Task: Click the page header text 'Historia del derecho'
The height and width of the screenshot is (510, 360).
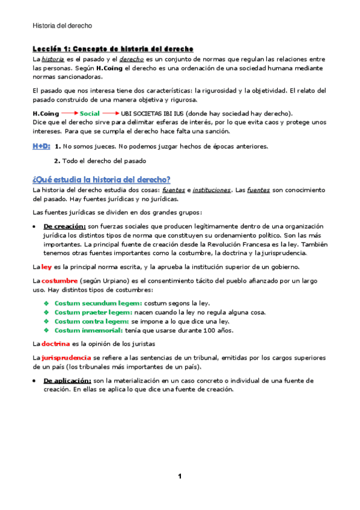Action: point(62,26)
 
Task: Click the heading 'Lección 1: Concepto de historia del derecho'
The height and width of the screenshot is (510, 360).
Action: point(112,48)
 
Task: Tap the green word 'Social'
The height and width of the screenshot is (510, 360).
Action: point(90,113)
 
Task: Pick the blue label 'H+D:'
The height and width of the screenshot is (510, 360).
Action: point(41,146)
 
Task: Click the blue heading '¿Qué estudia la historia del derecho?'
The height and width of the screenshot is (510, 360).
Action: point(102,179)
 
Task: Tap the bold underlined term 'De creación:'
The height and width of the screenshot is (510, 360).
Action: point(65,226)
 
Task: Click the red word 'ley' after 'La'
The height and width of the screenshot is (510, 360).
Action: point(46,267)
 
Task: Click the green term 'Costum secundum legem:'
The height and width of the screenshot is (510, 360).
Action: point(98,303)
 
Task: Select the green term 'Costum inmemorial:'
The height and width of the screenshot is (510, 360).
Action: point(89,330)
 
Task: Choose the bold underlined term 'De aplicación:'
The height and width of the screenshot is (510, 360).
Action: point(67,381)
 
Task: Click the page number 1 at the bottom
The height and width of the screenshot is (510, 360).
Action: point(179,477)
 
